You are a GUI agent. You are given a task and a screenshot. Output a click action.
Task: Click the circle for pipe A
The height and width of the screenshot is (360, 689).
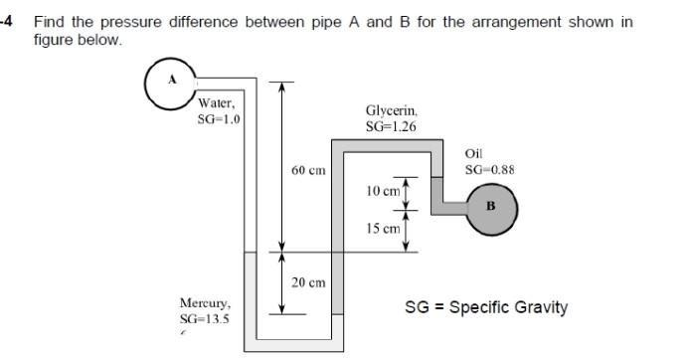tap(172, 81)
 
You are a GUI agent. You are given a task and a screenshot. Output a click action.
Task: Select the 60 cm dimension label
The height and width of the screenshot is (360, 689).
tap(308, 170)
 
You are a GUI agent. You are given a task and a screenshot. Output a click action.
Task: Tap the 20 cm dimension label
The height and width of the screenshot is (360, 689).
tap(308, 282)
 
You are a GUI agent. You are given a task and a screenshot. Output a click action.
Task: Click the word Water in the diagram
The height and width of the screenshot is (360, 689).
tap(216, 103)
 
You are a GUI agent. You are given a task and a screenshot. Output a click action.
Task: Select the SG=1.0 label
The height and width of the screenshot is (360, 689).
tap(219, 119)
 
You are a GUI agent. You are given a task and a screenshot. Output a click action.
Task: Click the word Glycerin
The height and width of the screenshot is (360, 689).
tap(392, 111)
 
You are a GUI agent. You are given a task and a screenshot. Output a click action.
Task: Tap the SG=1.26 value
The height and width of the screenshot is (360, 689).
tap(391, 126)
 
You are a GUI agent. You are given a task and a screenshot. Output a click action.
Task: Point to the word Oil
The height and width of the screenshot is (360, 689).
tap(473, 153)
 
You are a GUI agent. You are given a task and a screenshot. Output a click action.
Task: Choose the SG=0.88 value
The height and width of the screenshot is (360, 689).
tap(489, 169)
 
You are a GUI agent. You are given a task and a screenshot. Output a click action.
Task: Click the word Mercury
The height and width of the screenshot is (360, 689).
tap(206, 302)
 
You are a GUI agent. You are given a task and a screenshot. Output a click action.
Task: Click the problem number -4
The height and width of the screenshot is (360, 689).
tap(8, 21)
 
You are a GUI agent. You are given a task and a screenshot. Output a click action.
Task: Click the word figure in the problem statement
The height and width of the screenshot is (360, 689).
tap(55, 40)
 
